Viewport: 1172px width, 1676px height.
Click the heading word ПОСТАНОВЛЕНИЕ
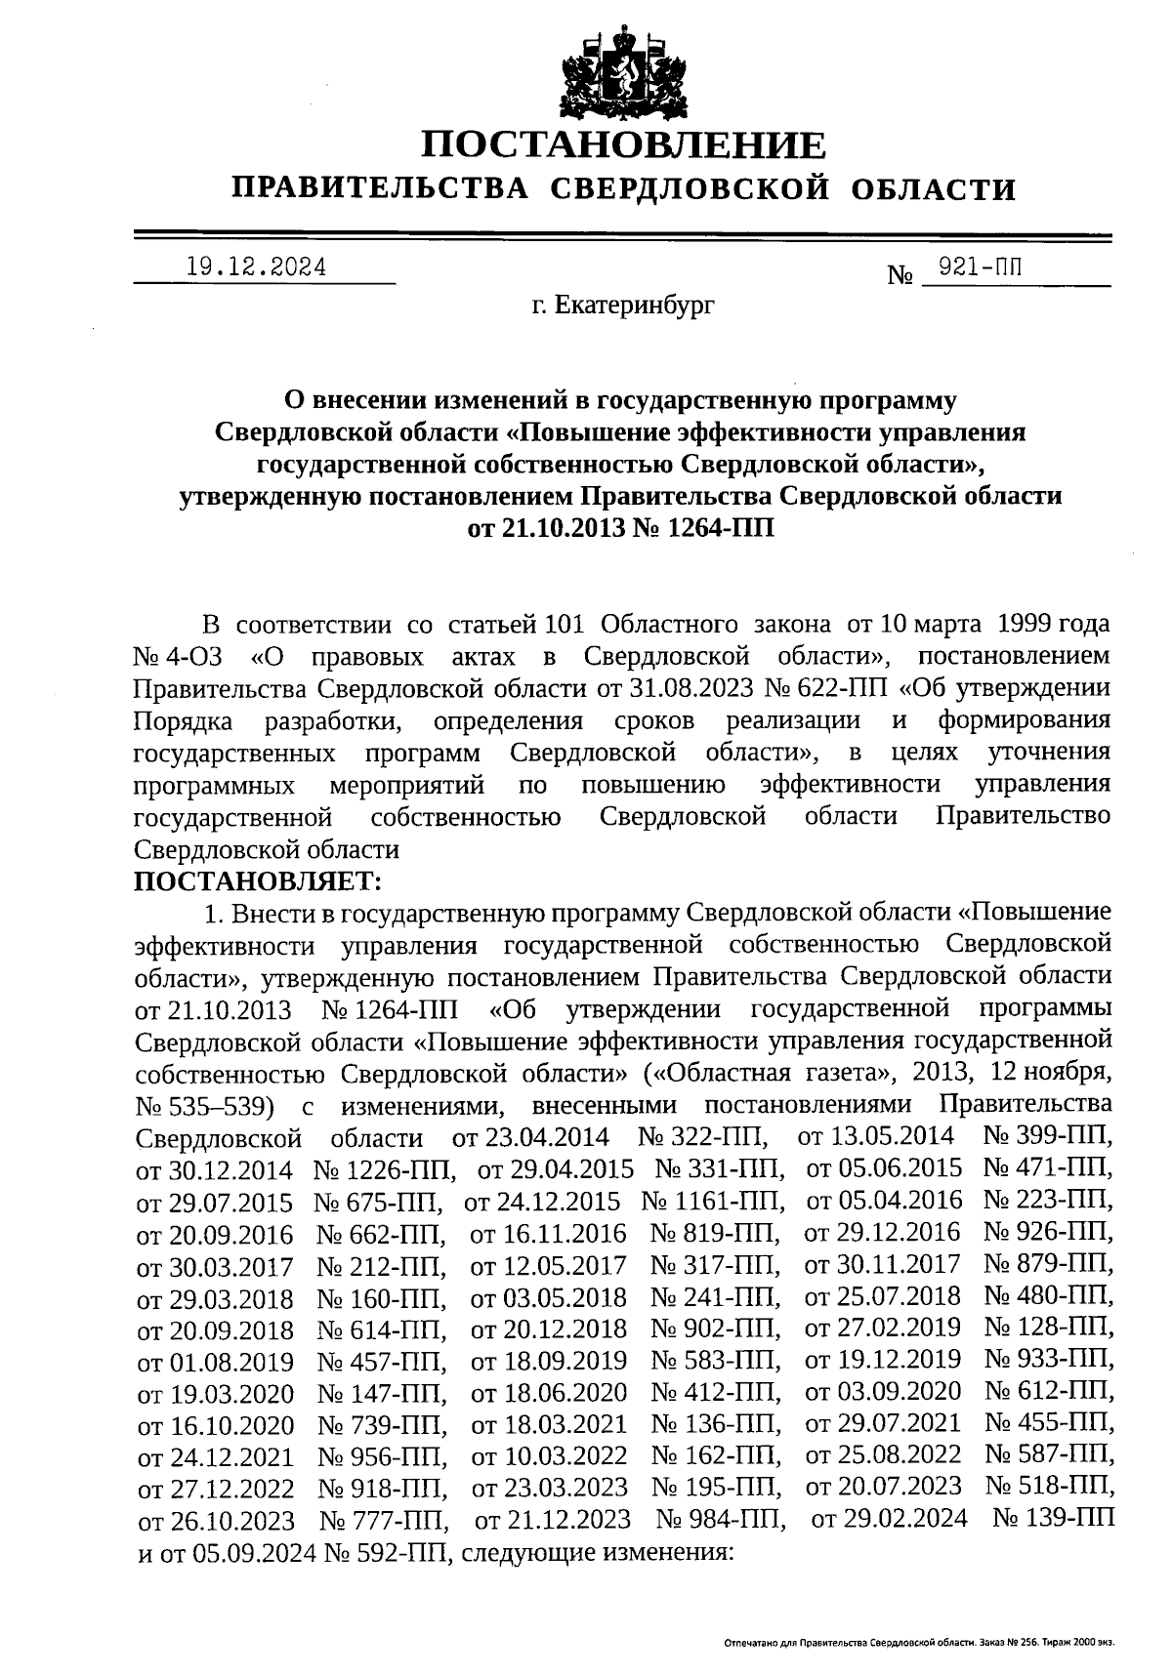[x=623, y=145]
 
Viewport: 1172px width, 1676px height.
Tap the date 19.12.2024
[x=257, y=266]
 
